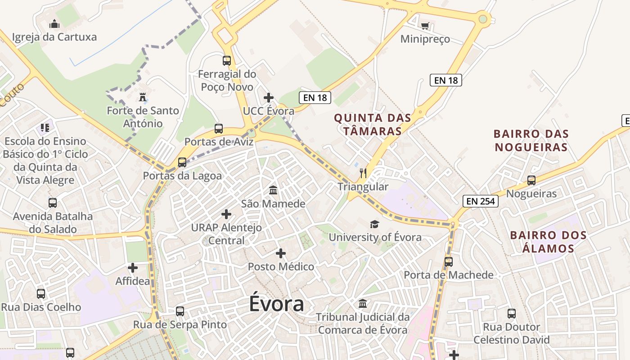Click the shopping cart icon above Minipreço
coord(425,26)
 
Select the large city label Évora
coord(277,304)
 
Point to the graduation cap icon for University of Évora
coord(374,224)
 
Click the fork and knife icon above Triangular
coord(364,173)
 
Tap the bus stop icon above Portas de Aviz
coord(219,129)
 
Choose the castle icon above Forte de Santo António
coord(143,97)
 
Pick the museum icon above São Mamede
coord(273,190)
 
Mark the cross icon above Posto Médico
coord(281,253)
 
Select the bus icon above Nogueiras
coord(531,180)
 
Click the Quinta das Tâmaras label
coord(373,125)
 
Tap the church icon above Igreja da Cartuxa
coord(54,23)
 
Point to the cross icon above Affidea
coord(133,268)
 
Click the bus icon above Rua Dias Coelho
coord(41,294)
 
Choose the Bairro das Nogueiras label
coord(531,140)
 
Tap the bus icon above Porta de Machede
coord(449,262)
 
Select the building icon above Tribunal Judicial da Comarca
coord(363,304)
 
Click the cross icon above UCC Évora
coord(269,98)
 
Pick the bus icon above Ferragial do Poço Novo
coord(227,60)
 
